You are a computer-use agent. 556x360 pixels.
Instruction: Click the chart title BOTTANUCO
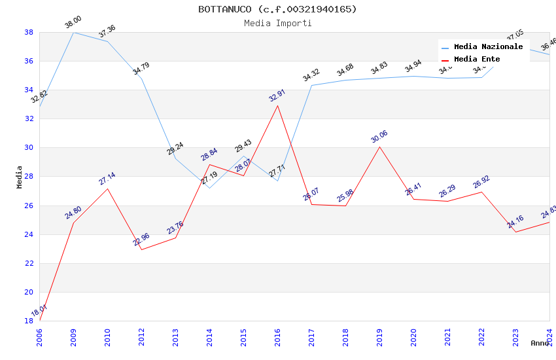[277, 9]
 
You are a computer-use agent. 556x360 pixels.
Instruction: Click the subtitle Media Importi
[277, 24]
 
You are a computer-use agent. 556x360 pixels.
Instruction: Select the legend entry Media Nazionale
[488, 46]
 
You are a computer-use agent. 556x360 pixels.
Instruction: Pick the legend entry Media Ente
[477, 59]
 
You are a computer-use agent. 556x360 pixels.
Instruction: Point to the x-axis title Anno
[540, 343]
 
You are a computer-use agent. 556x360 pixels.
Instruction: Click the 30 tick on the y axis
[29, 148]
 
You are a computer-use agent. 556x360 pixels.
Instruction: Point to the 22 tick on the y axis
[29, 263]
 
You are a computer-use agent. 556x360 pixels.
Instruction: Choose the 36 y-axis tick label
[29, 61]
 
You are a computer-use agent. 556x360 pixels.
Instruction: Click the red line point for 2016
[277, 105]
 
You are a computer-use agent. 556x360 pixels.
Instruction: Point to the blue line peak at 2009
[73, 32]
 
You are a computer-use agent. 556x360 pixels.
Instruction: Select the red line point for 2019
[379, 147]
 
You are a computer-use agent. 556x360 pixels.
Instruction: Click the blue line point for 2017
[311, 85]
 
